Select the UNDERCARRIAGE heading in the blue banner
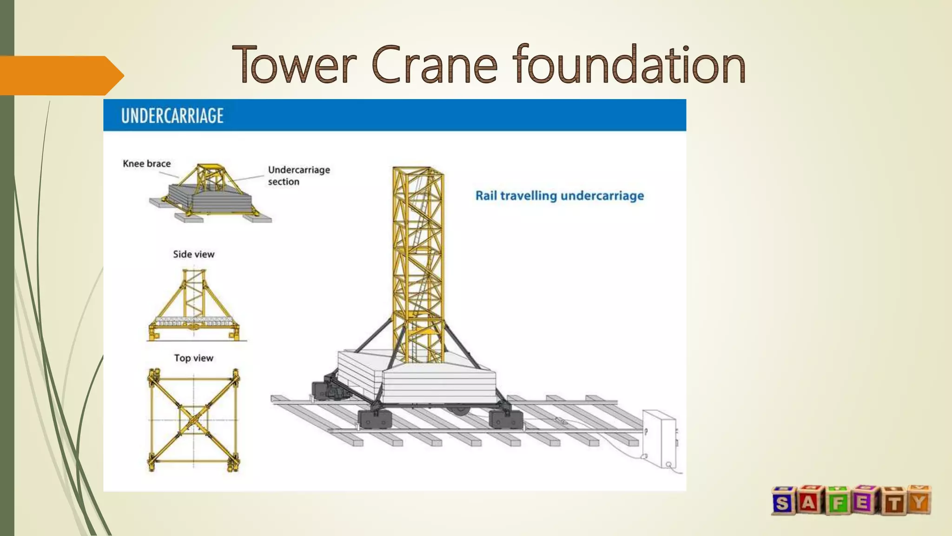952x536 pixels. tap(172, 115)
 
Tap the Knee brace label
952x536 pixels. tap(146, 164)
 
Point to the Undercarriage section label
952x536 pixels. tap(298, 175)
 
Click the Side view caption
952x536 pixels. tap(193, 255)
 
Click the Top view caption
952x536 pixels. tap(193, 358)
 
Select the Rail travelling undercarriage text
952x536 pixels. tap(559, 196)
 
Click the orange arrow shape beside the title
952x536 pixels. tap(60, 75)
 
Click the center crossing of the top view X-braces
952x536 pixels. tap(193, 420)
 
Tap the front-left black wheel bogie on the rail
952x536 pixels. tap(374, 418)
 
